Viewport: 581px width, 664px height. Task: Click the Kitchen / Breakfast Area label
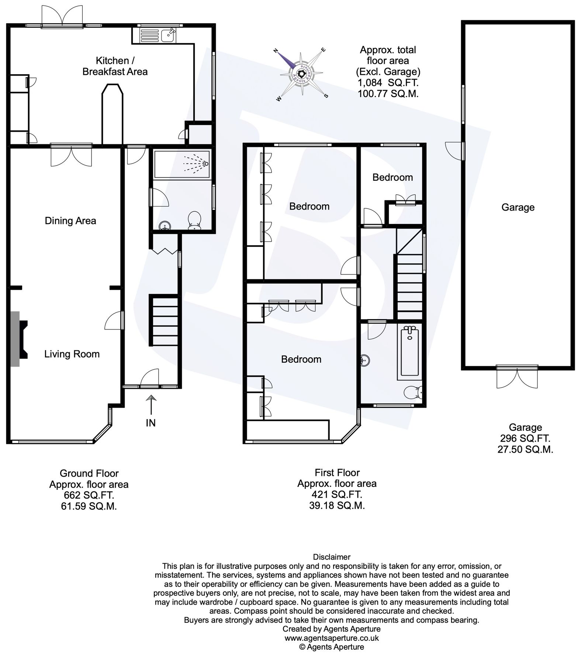(x=115, y=66)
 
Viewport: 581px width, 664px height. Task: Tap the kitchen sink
(x=170, y=34)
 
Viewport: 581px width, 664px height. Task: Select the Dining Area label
(x=70, y=221)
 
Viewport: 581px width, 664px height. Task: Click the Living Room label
(x=72, y=354)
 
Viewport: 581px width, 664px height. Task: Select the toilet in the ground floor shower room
(x=194, y=220)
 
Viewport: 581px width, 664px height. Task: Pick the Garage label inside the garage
(x=518, y=207)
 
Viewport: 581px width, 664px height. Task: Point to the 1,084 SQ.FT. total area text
(x=388, y=83)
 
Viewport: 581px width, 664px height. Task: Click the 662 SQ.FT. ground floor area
(x=89, y=495)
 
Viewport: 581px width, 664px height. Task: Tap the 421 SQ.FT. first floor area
(x=337, y=494)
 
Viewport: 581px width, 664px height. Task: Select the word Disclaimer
(x=332, y=557)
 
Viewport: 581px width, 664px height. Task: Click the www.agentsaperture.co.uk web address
(x=332, y=638)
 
